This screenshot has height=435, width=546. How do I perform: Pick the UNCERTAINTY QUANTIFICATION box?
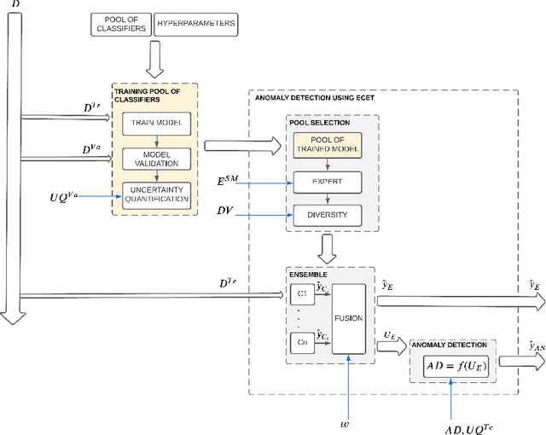[154, 194]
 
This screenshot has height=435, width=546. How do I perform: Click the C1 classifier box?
[300, 294]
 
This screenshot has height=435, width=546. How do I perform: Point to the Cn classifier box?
[300, 343]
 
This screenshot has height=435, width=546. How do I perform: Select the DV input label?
[224, 209]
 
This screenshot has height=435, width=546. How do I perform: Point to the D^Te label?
[230, 282]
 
